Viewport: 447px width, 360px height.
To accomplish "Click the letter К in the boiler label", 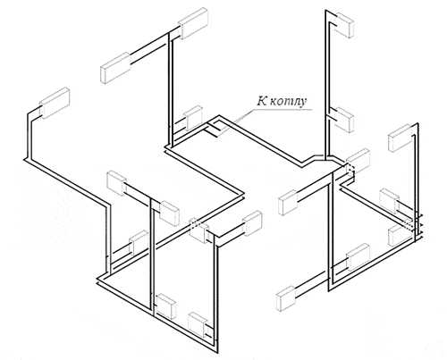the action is pos(262,101).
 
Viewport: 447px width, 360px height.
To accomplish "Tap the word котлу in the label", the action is pos(288,102).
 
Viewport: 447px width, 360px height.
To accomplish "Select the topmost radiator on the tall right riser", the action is pos(344,25).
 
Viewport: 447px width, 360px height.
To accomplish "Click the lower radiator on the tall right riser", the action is pos(344,120).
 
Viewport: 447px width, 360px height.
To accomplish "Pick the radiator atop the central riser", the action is pos(193,23).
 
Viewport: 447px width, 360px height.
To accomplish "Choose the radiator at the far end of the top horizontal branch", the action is pos(115,68).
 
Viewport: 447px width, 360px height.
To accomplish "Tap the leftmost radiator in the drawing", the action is pos(55,103).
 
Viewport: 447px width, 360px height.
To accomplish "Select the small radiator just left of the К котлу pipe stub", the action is pos(193,118).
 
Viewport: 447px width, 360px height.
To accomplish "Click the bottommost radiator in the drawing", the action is pos(198,325).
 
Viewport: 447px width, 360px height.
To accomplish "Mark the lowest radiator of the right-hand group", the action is pos(286,297).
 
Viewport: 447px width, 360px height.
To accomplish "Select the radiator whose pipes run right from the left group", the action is pos(252,223).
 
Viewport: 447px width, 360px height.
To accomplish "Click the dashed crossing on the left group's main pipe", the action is pos(194,223).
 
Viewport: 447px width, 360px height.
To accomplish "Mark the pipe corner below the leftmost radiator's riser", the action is pos(26,160).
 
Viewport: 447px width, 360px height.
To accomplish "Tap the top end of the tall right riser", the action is pos(325,11).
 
